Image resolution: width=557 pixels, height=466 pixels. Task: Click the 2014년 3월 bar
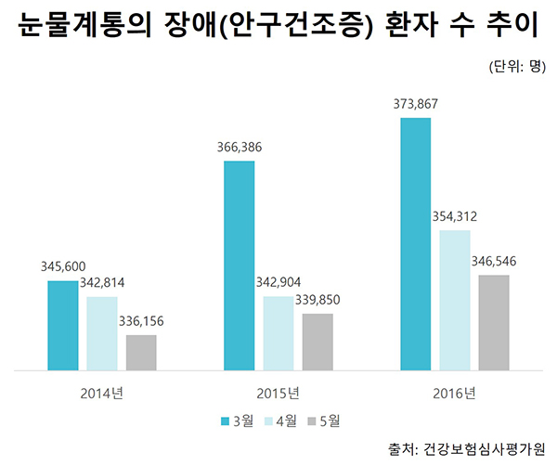[x=63, y=325]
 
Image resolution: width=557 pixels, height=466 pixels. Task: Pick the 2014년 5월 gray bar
[x=141, y=353]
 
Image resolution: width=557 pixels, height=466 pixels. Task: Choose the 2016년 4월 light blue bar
[x=455, y=300]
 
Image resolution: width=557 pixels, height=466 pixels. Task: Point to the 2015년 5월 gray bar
[x=317, y=342]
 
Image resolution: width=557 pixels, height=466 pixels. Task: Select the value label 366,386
[x=240, y=147]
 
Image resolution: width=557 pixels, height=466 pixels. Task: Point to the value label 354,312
[x=455, y=216]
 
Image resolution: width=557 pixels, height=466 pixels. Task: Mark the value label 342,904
[x=278, y=282]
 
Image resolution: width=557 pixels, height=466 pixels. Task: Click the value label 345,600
[x=63, y=265]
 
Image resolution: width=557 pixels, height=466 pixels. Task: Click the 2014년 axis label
[x=101, y=393]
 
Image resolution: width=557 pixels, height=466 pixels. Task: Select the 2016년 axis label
[x=454, y=393]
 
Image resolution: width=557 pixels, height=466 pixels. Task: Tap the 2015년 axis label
[x=278, y=393]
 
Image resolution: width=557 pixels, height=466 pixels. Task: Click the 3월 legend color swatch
[x=225, y=421]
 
